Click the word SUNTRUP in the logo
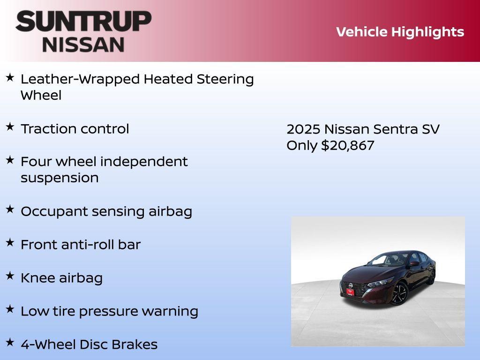pos(83,21)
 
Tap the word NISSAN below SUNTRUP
pos(83,45)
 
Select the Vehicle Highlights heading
pos(400,32)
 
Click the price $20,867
pos(347,145)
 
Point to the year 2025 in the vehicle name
pos(303,129)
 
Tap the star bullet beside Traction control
pos(10,127)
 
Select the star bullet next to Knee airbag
pos(10,276)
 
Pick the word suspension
pos(60,178)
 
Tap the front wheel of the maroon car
pos(398,293)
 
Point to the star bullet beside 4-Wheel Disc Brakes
pos(10,343)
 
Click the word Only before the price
pos(302,145)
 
